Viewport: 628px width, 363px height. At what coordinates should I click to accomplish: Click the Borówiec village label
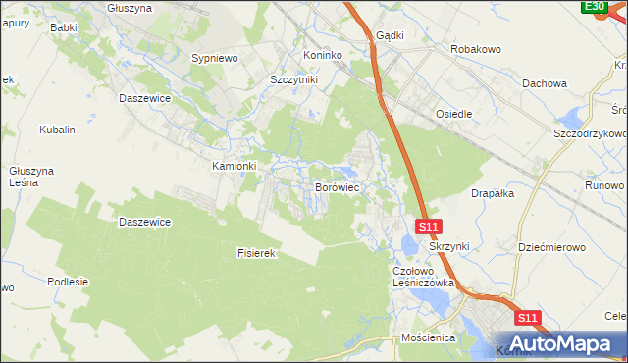(x=340, y=185)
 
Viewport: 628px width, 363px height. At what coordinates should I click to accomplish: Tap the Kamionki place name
(x=235, y=166)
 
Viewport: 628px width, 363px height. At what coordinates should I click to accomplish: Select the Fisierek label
(x=259, y=253)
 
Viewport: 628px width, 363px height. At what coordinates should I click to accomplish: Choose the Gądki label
(x=390, y=34)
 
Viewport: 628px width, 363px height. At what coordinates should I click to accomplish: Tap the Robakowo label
(x=476, y=48)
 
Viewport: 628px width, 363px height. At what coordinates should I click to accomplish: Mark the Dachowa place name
(x=545, y=84)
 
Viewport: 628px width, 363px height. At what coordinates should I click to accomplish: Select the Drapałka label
(x=493, y=193)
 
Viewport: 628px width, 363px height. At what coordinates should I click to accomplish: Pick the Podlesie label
(x=68, y=282)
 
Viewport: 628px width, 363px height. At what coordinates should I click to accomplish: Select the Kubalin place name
(x=57, y=130)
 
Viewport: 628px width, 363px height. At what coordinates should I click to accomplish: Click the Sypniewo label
(x=216, y=59)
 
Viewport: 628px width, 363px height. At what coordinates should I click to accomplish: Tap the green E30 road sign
(x=594, y=7)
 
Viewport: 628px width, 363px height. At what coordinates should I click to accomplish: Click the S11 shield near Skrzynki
(x=428, y=227)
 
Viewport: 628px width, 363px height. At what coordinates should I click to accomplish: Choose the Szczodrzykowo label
(x=590, y=132)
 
